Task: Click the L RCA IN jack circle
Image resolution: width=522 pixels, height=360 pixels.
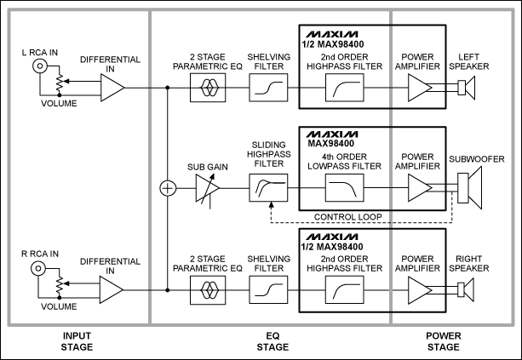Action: click(40, 66)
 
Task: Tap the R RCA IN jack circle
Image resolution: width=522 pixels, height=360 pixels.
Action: click(38, 268)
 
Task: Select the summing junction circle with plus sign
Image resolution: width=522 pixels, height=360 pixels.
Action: click(168, 188)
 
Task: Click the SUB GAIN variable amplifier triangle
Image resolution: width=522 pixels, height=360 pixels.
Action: click(207, 188)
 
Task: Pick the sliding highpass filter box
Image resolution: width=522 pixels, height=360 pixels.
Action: click(268, 187)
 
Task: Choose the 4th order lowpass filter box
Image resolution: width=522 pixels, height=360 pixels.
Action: click(345, 187)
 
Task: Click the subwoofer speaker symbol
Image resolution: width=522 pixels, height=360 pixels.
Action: click(470, 188)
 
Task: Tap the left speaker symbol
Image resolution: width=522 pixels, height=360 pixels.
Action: click(467, 88)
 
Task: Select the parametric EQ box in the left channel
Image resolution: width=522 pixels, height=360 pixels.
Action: click(208, 88)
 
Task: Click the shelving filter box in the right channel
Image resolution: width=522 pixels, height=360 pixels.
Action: click(268, 289)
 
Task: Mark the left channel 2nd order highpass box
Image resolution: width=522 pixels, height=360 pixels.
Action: click(345, 88)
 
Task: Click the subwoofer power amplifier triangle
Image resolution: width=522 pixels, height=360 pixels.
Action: click(420, 187)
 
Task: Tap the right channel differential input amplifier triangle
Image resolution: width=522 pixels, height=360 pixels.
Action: click(112, 289)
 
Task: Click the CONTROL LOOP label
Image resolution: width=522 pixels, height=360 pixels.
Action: click(348, 217)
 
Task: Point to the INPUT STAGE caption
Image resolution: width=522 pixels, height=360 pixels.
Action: click(77, 341)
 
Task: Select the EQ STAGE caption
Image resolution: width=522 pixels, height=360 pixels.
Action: click(272, 341)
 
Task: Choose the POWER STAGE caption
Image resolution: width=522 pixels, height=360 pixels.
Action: click(444, 341)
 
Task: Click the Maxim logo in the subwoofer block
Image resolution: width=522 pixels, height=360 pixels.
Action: click(332, 134)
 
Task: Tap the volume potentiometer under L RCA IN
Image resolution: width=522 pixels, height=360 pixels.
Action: click(60, 84)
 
